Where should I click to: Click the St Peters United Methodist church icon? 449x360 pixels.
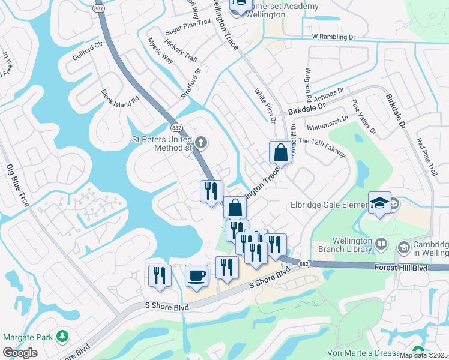pyautogui.click(x=202, y=142)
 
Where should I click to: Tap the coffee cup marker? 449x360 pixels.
pyautogui.click(x=196, y=276)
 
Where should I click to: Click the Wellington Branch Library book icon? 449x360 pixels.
pyautogui.click(x=381, y=244)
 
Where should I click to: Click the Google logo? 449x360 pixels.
pyautogui.click(x=20, y=353)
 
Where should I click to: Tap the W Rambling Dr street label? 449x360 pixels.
pyautogui.click(x=334, y=37)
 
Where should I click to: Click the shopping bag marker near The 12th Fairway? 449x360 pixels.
pyautogui.click(x=280, y=152)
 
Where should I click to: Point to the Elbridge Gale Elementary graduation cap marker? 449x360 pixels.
pyautogui.click(x=379, y=203)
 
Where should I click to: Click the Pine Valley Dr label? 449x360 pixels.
pyautogui.click(x=363, y=117)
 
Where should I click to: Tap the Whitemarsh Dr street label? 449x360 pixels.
pyautogui.click(x=327, y=124)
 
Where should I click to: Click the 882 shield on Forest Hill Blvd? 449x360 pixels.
pyautogui.click(x=304, y=263)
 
